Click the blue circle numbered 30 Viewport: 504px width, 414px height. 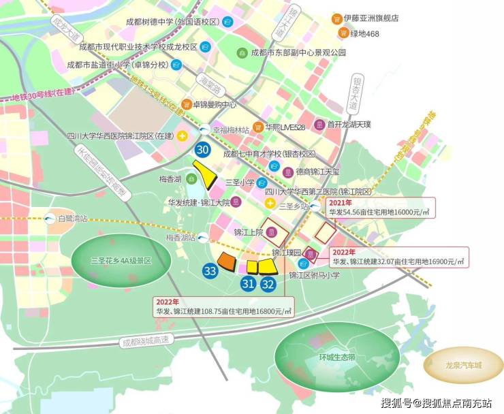202,150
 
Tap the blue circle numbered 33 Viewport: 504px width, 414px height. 210,271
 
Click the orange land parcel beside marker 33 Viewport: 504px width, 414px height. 227,262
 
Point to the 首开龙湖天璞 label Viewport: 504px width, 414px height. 348,125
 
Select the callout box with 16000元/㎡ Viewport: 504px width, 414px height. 378,208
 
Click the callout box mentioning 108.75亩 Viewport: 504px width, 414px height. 223,306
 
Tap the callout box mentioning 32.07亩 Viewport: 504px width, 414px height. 398,257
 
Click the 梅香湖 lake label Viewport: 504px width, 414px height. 167,178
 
